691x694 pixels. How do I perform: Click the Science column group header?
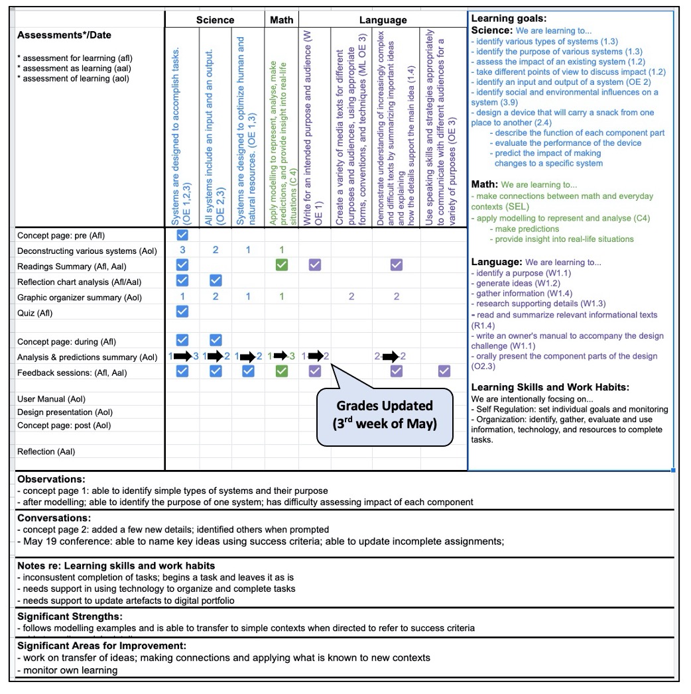click(215, 20)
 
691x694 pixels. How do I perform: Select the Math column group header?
click(282, 20)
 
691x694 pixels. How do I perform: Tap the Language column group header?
click(383, 20)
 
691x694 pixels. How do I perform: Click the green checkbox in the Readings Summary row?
click(281, 265)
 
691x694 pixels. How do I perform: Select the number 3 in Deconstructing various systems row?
click(182, 250)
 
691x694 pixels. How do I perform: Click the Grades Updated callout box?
click(385, 414)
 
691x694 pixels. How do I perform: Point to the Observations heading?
click(51, 479)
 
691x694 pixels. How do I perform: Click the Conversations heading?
click(54, 518)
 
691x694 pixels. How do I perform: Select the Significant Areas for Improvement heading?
click(101, 646)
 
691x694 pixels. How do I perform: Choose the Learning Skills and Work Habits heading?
click(550, 387)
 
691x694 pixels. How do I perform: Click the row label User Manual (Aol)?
click(50, 399)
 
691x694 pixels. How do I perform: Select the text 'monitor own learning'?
click(70, 669)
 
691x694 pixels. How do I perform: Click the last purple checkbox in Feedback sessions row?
click(444, 372)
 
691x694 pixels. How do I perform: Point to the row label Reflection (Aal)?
click(46, 452)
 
